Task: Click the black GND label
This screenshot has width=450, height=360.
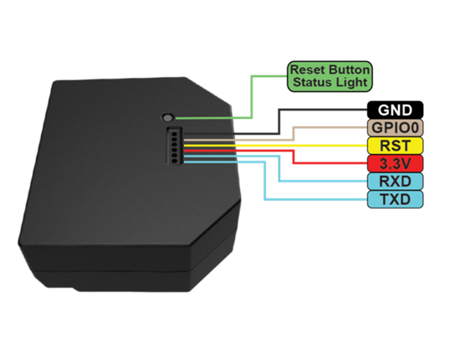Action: point(395,110)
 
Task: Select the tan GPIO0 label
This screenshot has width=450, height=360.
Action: point(395,127)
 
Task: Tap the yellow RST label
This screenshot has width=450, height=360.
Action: point(395,146)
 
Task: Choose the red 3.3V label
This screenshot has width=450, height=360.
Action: point(395,163)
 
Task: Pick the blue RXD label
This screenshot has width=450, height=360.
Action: point(395,182)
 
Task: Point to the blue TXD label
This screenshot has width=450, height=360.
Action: point(395,199)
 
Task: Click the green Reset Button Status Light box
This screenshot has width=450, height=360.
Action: point(330,76)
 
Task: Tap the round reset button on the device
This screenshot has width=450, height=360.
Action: point(167,117)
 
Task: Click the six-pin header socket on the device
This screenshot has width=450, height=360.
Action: point(175,146)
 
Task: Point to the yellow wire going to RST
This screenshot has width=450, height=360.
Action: point(275,146)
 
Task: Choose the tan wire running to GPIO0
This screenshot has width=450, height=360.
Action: point(293,134)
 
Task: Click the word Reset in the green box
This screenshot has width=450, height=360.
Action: point(308,69)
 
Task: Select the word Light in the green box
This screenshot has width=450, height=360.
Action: point(352,83)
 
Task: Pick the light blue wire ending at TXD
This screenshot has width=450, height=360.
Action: point(264,181)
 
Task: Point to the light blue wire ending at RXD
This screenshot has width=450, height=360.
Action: point(279,168)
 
